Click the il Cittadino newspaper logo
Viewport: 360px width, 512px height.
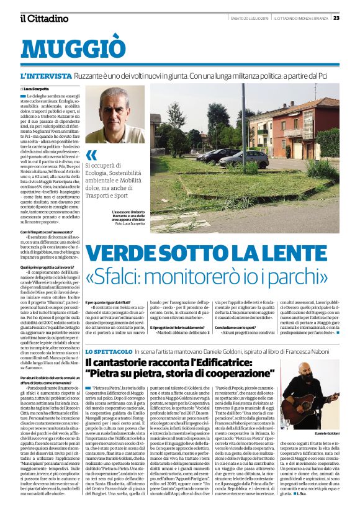coord(43,18)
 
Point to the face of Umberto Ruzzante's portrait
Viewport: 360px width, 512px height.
coord(114,113)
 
